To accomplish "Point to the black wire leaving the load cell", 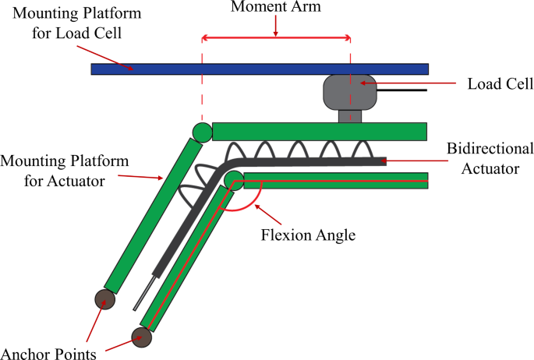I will point(402,90).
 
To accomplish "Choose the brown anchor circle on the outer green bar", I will point(104,298).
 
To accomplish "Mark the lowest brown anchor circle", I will point(141,337).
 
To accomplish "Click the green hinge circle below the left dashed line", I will point(202,132).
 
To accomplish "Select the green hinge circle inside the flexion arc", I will point(234,181).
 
